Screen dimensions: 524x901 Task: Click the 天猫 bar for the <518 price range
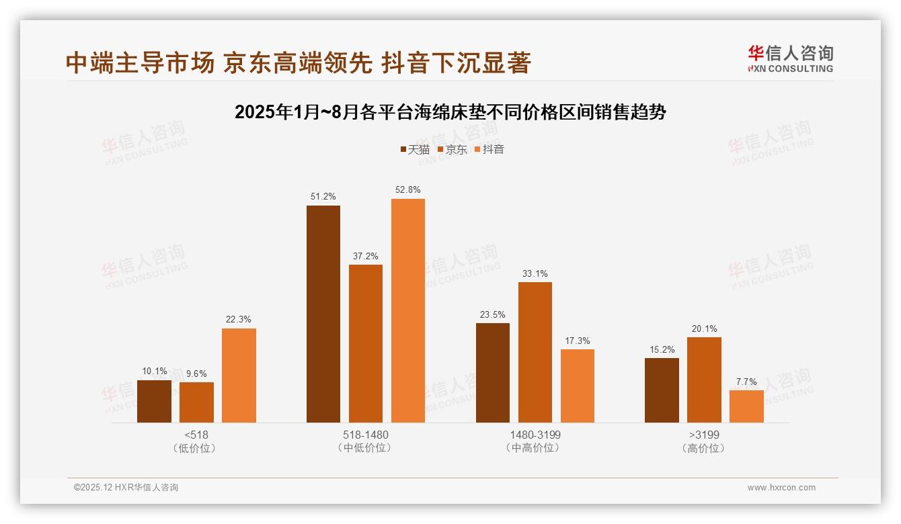[x=154, y=401]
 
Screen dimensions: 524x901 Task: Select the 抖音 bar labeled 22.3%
[x=239, y=376]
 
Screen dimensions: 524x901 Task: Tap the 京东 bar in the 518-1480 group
[x=365, y=343]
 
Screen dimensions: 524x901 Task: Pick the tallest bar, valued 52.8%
[x=408, y=310]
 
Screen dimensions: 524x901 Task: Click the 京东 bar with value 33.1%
[x=535, y=352]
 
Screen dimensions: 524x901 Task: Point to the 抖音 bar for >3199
[x=746, y=406]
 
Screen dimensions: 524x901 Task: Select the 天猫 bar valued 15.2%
[x=662, y=390]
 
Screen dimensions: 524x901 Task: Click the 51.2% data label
[x=323, y=197]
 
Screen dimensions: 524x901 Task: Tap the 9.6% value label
[x=196, y=374]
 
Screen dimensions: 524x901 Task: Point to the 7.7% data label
[x=746, y=382]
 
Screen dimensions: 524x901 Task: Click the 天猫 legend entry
[x=415, y=149]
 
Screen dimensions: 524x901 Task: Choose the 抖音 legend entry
[x=489, y=149]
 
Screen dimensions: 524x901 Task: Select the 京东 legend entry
[x=452, y=149]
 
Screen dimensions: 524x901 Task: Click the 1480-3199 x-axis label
[x=535, y=435]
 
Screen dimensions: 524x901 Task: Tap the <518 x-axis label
[x=196, y=435]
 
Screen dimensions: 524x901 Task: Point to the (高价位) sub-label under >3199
[x=703, y=448]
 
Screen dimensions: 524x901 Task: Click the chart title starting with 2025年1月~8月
[x=450, y=112]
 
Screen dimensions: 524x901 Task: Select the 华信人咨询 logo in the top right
[x=790, y=58]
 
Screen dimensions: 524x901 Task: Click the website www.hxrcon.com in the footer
[x=781, y=488]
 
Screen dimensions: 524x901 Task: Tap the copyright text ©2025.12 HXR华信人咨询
[x=126, y=488]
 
